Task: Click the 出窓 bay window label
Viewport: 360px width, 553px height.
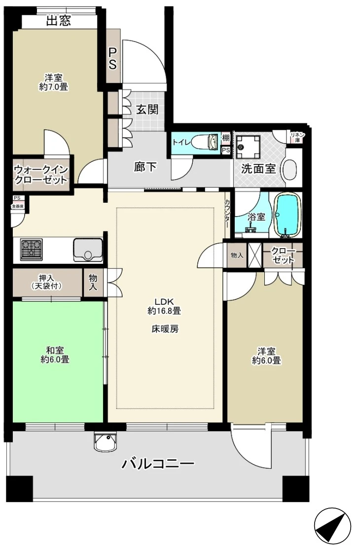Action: pos(59,21)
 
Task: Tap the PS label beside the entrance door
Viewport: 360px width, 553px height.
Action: pos(112,59)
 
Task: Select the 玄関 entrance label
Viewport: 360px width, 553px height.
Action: pos(147,110)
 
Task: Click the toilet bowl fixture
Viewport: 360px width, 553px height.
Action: pos(208,143)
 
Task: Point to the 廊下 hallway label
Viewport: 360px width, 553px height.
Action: pos(145,167)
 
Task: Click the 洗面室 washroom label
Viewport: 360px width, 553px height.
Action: pos(258,169)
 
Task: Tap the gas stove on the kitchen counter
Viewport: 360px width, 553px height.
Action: pos(32,249)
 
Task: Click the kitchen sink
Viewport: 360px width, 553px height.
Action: pos(88,250)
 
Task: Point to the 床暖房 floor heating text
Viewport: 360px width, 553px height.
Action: pos(164,329)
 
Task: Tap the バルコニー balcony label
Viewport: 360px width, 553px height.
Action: pos(158,464)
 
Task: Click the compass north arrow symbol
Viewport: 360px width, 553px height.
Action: pos(332,525)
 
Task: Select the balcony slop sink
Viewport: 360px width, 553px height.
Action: pos(106,442)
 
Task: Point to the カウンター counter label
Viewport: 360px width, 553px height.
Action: pos(227,213)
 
